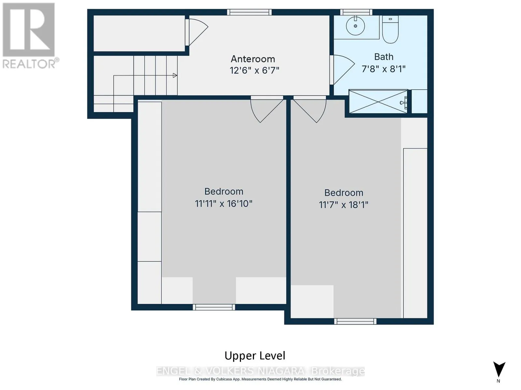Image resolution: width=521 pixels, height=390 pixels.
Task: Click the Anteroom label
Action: [253, 59]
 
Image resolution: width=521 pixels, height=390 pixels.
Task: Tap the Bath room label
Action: [384, 57]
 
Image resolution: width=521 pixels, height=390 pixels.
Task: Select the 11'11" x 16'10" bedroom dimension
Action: [224, 203]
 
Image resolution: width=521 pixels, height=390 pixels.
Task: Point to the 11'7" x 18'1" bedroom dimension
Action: [344, 205]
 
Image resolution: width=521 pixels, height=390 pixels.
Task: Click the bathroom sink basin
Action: [355, 26]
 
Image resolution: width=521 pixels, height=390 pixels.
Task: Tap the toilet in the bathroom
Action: [390, 30]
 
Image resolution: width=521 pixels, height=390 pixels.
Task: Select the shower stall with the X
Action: [378, 101]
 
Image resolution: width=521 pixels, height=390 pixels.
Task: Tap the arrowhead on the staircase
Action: [175, 75]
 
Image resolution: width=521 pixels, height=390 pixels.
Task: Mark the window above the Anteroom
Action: [249, 12]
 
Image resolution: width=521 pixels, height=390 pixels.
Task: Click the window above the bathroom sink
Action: [356, 12]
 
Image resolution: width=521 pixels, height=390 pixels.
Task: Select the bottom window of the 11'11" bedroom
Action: [214, 307]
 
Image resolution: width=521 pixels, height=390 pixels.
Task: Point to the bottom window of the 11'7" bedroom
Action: [355, 321]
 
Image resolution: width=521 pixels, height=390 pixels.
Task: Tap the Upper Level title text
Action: [255, 356]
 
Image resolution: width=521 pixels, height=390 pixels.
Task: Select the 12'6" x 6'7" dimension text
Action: [254, 70]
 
